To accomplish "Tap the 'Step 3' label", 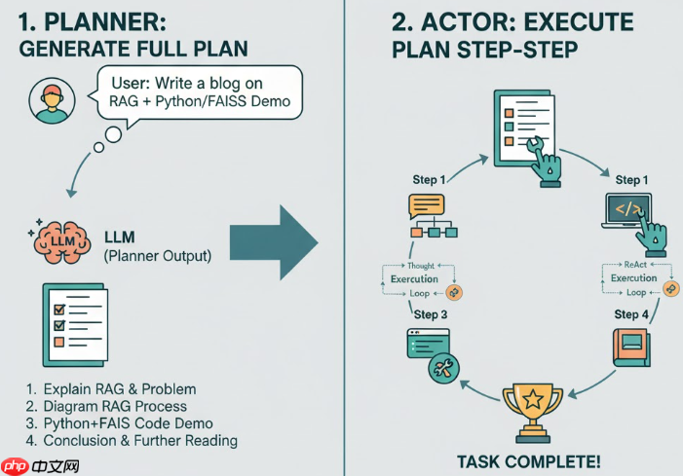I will click(432, 314).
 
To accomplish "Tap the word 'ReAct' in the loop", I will click(632, 265).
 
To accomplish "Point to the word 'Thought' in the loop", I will click(421, 265).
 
